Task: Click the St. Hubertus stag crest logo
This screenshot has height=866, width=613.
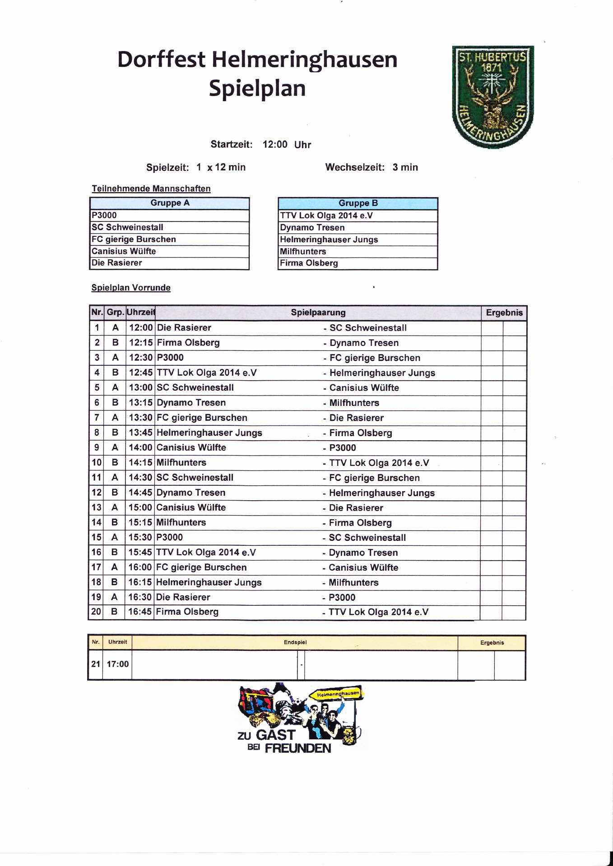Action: [x=493, y=97]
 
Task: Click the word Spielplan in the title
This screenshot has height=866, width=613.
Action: [x=257, y=88]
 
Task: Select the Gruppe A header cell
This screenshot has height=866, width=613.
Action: [x=170, y=203]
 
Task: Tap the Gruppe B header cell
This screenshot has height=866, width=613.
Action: [x=358, y=203]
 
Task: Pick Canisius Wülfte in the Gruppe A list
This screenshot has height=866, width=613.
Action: [x=124, y=251]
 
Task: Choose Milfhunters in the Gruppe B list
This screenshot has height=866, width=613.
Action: [x=303, y=251]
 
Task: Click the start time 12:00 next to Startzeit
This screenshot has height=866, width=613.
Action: [x=275, y=144]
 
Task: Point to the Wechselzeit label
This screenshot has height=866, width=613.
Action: [x=355, y=167]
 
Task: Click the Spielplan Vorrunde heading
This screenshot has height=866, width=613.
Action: [x=131, y=288]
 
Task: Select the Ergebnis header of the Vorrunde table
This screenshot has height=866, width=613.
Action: [x=504, y=313]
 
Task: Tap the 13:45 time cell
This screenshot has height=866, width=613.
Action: [x=141, y=433]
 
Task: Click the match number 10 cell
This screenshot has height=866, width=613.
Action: [x=97, y=462]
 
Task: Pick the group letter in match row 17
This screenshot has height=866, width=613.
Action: [x=115, y=567]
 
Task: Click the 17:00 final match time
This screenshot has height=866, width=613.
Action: [x=117, y=664]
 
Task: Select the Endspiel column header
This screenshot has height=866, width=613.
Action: [x=295, y=642]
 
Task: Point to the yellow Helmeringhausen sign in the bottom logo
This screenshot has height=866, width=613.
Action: [x=338, y=694]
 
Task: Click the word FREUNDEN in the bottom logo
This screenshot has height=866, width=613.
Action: [x=298, y=748]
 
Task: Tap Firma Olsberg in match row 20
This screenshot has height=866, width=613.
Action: [x=187, y=612]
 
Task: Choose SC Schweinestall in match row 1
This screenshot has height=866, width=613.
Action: [x=368, y=328]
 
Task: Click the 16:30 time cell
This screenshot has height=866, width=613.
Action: [x=140, y=597]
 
